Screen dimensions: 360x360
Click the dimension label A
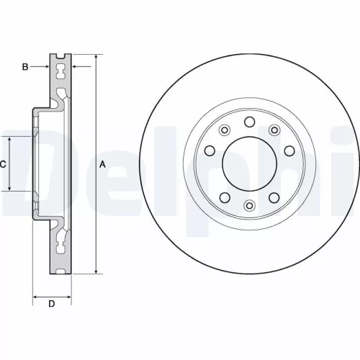point(102,164)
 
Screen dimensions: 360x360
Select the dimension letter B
point(24,67)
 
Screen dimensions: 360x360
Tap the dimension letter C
point(3,164)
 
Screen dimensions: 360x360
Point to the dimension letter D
point(51,303)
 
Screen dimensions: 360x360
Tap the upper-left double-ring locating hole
point(224,130)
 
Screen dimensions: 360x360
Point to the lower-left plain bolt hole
point(224,197)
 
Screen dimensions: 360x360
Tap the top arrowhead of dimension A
point(96,58)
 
